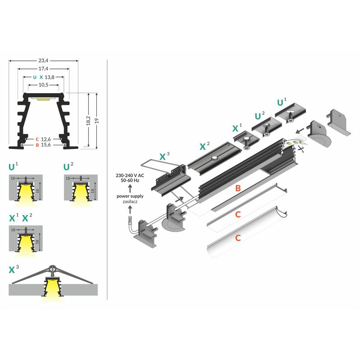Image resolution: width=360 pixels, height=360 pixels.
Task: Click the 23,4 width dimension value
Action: click(x=44, y=59)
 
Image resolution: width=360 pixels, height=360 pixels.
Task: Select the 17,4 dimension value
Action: click(x=44, y=68)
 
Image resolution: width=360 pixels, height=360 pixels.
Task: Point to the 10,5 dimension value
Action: click(x=44, y=85)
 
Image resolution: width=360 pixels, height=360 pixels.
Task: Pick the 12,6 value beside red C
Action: click(x=46, y=139)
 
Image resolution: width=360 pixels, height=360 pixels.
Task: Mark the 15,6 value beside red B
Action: click(x=46, y=145)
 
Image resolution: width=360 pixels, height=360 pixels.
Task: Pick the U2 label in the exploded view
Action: click(x=259, y=116)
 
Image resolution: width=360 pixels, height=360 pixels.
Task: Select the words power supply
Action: click(x=130, y=196)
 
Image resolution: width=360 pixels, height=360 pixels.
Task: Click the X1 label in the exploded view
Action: click(x=237, y=128)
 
